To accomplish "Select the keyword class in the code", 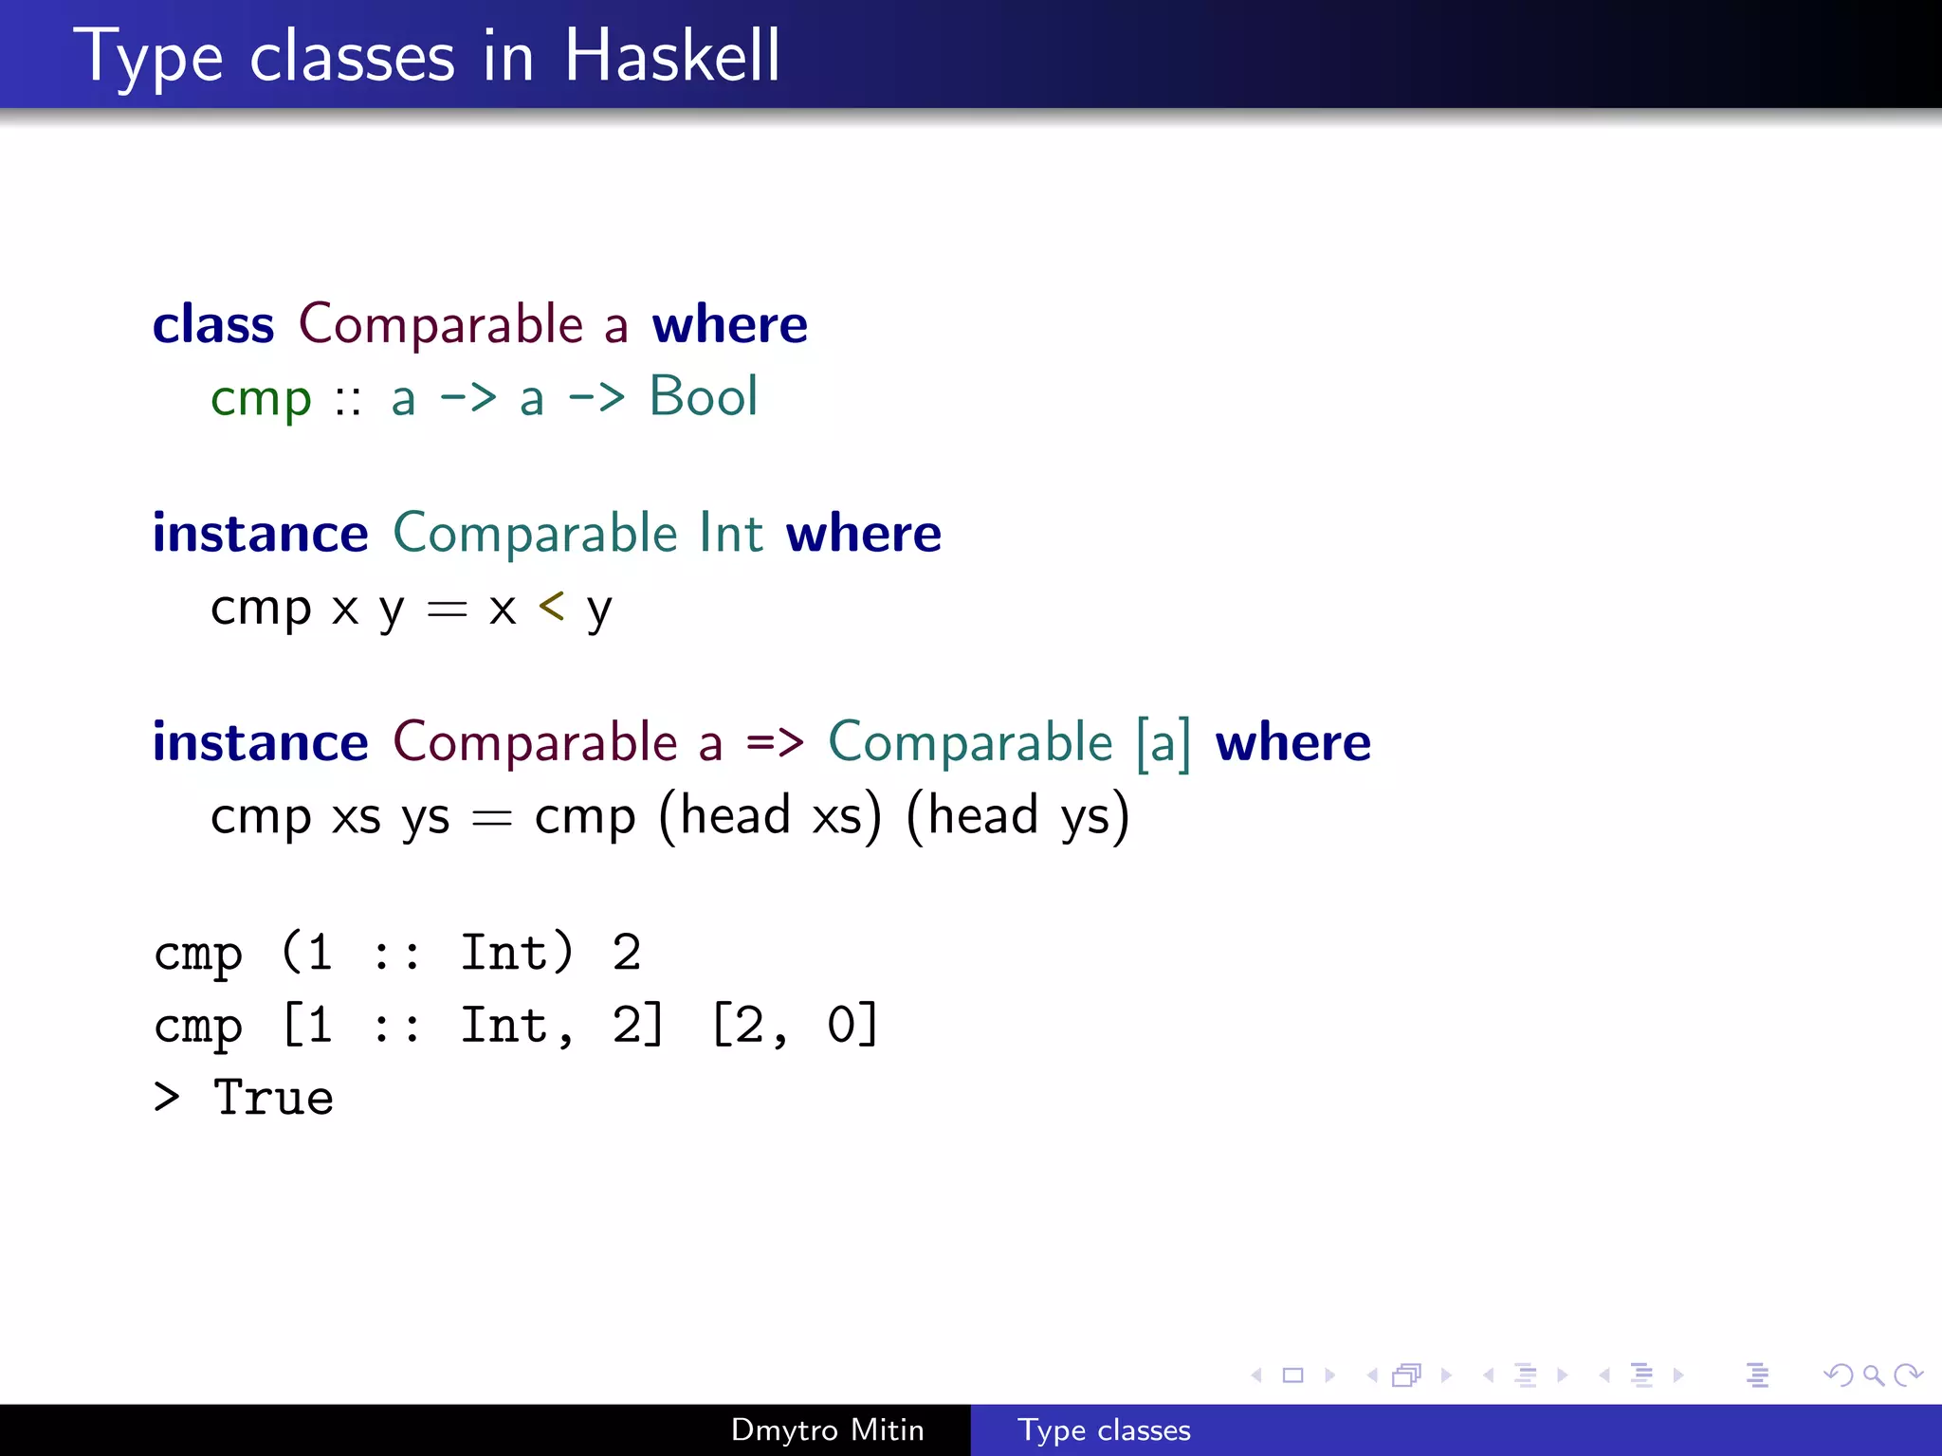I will (213, 324).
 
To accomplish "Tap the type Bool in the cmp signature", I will (703, 396).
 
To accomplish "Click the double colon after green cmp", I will (348, 400).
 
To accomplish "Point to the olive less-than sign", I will (551, 606).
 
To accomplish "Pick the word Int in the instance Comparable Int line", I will (730, 533).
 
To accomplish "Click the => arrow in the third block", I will (775, 742).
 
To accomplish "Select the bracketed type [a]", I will (1163, 742).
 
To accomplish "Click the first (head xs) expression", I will (769, 815).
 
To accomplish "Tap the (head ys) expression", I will (1017, 815).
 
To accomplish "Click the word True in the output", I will (273, 1098).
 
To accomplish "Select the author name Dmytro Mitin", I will (827, 1429).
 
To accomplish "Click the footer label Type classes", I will (1104, 1429).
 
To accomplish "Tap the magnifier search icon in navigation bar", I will (1873, 1374).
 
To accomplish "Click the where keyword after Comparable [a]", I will (1292, 742).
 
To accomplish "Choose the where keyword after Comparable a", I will (729, 324).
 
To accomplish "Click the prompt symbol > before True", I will (167, 1098).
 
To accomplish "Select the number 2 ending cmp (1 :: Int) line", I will (626, 952).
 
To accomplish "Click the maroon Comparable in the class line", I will (441, 324).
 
